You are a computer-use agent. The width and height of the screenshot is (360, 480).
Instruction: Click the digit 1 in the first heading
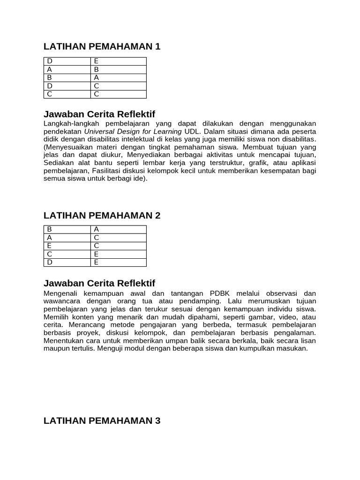click(157, 46)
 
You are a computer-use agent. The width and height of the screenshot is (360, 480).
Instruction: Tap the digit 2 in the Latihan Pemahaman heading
click(157, 215)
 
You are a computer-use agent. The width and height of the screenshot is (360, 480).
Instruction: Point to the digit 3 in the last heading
click(157, 420)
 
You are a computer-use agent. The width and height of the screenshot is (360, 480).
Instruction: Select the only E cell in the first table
click(96, 61)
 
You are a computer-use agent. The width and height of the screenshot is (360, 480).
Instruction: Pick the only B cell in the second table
click(49, 229)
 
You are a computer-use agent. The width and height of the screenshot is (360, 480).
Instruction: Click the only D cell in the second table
click(49, 262)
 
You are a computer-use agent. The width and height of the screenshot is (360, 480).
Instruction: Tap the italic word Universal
click(100, 131)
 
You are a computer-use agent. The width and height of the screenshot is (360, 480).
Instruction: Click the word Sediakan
click(59, 162)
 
